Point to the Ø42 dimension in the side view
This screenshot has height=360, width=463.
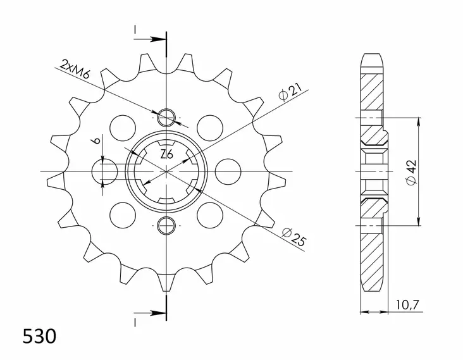click(x=412, y=171)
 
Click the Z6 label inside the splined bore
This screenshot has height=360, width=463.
click(x=166, y=154)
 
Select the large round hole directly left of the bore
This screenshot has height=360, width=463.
click(x=105, y=171)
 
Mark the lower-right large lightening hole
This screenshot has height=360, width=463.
click(x=209, y=215)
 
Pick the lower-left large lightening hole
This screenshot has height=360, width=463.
click(x=121, y=215)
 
